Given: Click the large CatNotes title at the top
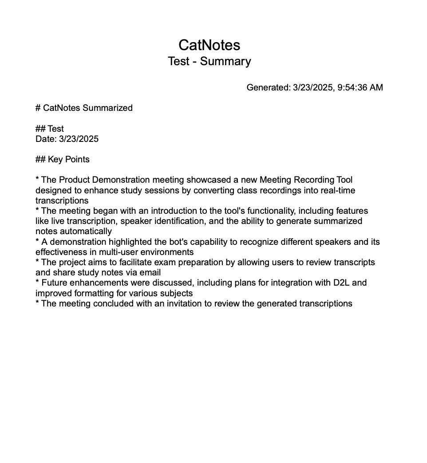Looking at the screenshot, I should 209,45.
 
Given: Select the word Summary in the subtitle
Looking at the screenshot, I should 225,61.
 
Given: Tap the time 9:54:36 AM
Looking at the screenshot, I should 360,87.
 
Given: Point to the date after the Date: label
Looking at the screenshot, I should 79,139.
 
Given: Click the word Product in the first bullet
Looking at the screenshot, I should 74,180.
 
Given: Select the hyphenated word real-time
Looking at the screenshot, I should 338,190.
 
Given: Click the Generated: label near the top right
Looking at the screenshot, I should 269,87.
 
